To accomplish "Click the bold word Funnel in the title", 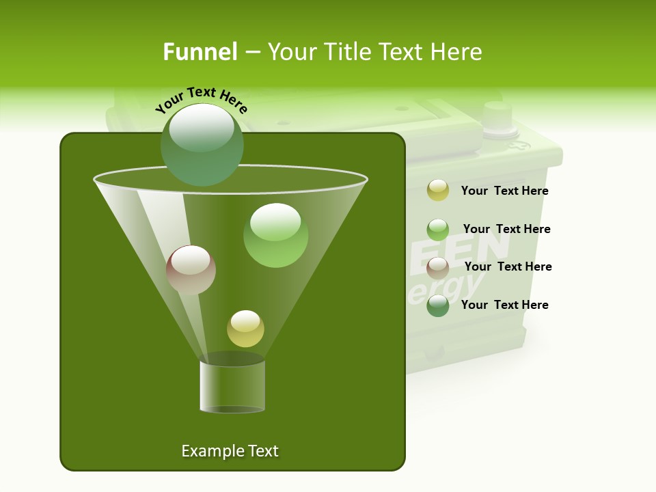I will click(200, 51).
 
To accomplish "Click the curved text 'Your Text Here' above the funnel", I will click(202, 100).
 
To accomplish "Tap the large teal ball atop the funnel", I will click(202, 144).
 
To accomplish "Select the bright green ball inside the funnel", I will click(275, 235).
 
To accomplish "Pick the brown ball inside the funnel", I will click(191, 270).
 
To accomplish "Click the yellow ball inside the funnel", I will click(245, 328).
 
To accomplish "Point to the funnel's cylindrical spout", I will click(232, 386).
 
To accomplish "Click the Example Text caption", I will click(230, 451).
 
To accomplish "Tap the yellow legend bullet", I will click(438, 191).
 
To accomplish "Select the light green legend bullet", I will click(438, 230).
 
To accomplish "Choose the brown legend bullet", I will click(438, 267).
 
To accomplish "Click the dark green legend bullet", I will click(438, 305).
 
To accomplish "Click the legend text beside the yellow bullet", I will click(504, 191).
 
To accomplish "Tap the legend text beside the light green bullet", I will click(506, 229).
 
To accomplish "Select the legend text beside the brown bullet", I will click(508, 266).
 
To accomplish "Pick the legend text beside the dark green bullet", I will click(504, 305).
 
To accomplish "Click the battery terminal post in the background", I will click(497, 116).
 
